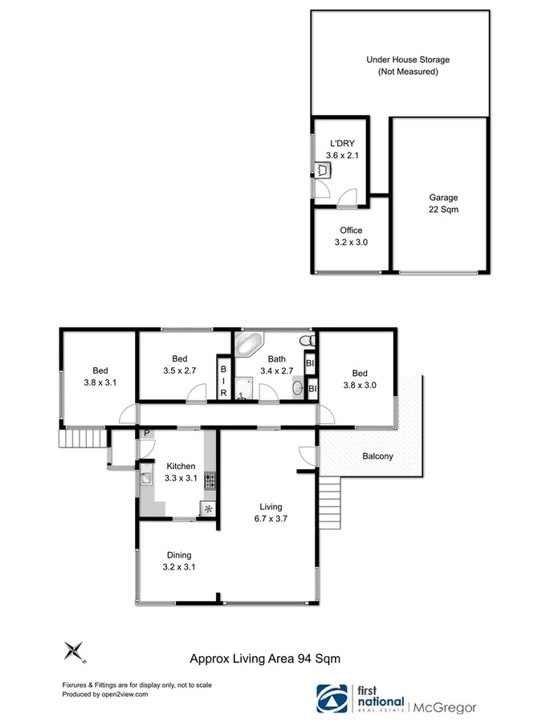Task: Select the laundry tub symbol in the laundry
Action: click(x=322, y=170)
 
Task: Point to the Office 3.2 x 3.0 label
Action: click(x=350, y=236)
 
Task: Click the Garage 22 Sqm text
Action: click(x=442, y=203)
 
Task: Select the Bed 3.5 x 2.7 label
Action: click(x=179, y=366)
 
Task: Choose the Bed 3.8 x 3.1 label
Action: click(x=100, y=376)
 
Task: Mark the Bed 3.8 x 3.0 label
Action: click(x=359, y=379)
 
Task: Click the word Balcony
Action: click(x=377, y=456)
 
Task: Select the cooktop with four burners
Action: click(x=210, y=481)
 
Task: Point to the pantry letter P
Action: click(x=146, y=435)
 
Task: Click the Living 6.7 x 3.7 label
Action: click(x=271, y=513)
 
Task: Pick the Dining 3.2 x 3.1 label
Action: click(x=179, y=561)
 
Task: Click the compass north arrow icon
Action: click(x=75, y=651)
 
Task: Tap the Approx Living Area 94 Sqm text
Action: click(x=265, y=658)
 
